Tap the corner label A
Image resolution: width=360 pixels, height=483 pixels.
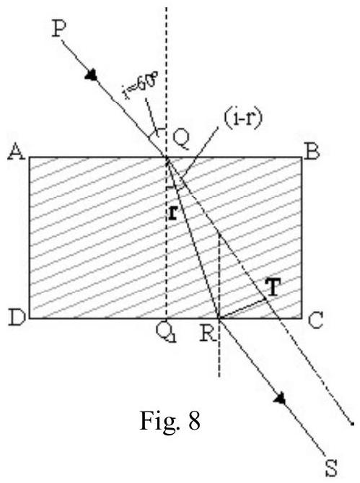17,152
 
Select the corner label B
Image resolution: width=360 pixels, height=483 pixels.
312,152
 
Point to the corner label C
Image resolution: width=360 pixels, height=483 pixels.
315,321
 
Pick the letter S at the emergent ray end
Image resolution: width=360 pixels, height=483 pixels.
331,469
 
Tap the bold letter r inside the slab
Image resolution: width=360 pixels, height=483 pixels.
173,213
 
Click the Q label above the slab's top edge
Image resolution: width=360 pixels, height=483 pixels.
181,140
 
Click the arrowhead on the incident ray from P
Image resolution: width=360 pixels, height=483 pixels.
92,75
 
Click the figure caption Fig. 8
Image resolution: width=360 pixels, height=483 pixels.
170,421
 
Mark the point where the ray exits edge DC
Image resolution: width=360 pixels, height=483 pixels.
219,318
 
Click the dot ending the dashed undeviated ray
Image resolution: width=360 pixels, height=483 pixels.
353,425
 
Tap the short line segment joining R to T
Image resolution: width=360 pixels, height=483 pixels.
242,308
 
